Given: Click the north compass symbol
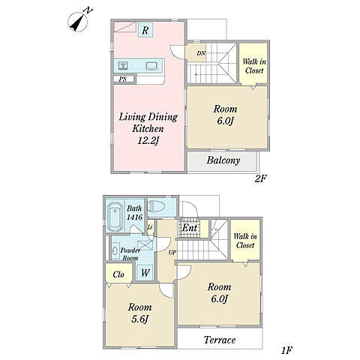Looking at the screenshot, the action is pos(78,22).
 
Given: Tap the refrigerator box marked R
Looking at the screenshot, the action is pos(145,30).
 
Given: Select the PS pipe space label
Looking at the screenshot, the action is pos(122,79).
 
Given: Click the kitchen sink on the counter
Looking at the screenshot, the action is pos(151,66).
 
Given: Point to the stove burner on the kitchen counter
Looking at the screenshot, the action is pos(123,66).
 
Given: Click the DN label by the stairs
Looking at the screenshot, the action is pos(201,53).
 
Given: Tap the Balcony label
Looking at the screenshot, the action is pos(223,160).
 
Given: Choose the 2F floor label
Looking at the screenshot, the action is pos(261,178).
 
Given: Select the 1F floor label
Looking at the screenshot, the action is pos(286,350).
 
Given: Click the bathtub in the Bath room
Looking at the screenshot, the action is pos(115,217).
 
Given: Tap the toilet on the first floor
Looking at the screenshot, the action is pos(156,207).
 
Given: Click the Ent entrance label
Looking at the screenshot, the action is pos(189,228).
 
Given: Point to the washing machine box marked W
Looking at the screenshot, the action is pos(145,273).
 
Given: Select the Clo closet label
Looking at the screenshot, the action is pos(118,274).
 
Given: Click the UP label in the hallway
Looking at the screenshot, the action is pos(172,253).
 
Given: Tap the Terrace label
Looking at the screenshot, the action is pos(220,340).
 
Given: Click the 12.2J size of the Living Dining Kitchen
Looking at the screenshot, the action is pos(148,141).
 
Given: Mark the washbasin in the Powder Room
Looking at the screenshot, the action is pos(115,251).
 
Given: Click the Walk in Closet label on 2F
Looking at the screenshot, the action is pos(254,66).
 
